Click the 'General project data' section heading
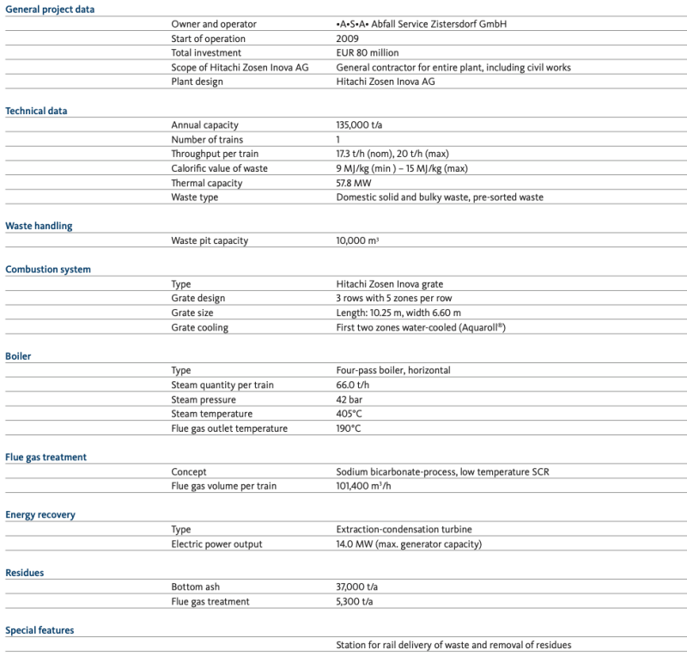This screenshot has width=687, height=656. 50,9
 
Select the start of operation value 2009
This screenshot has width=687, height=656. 348,39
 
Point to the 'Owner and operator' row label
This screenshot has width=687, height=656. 213,24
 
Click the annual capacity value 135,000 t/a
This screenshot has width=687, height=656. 359,125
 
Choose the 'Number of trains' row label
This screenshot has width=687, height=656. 207,140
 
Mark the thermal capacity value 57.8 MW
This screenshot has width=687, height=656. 356,183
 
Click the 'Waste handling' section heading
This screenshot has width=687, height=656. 39,226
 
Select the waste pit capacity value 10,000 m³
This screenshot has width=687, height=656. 357,240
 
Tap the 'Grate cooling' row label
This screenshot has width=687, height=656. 199,327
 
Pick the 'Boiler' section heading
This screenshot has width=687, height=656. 18,355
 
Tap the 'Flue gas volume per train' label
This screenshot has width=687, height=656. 223,486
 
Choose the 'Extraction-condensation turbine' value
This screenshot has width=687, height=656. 404,530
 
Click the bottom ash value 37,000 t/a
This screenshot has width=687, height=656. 356,587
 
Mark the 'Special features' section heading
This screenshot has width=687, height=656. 40,630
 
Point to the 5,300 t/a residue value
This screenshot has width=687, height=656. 354,602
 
